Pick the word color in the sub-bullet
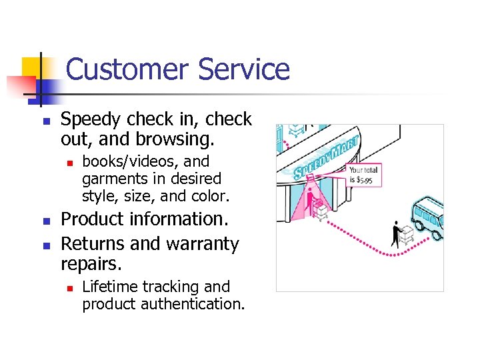point(211,196)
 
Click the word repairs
point(91,264)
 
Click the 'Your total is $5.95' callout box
point(363,175)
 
